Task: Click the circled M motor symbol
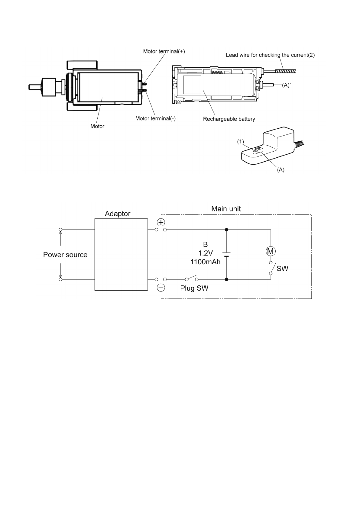(x=271, y=251)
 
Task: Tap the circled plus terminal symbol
(x=161, y=222)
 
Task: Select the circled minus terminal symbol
(x=161, y=288)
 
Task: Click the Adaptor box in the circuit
(x=121, y=254)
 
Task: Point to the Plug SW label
(x=194, y=288)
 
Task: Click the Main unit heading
(x=226, y=209)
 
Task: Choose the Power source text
(x=65, y=254)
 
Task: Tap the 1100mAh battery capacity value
(x=205, y=262)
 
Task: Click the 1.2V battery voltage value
(x=205, y=253)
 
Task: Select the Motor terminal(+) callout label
(x=164, y=51)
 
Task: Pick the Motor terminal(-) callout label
(x=155, y=118)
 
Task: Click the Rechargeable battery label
(x=229, y=119)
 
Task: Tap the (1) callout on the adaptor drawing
(x=240, y=142)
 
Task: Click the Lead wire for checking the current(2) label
(x=271, y=55)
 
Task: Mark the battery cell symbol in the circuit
(x=226, y=254)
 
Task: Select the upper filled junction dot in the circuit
(x=226, y=230)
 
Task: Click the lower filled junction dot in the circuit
(x=226, y=279)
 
